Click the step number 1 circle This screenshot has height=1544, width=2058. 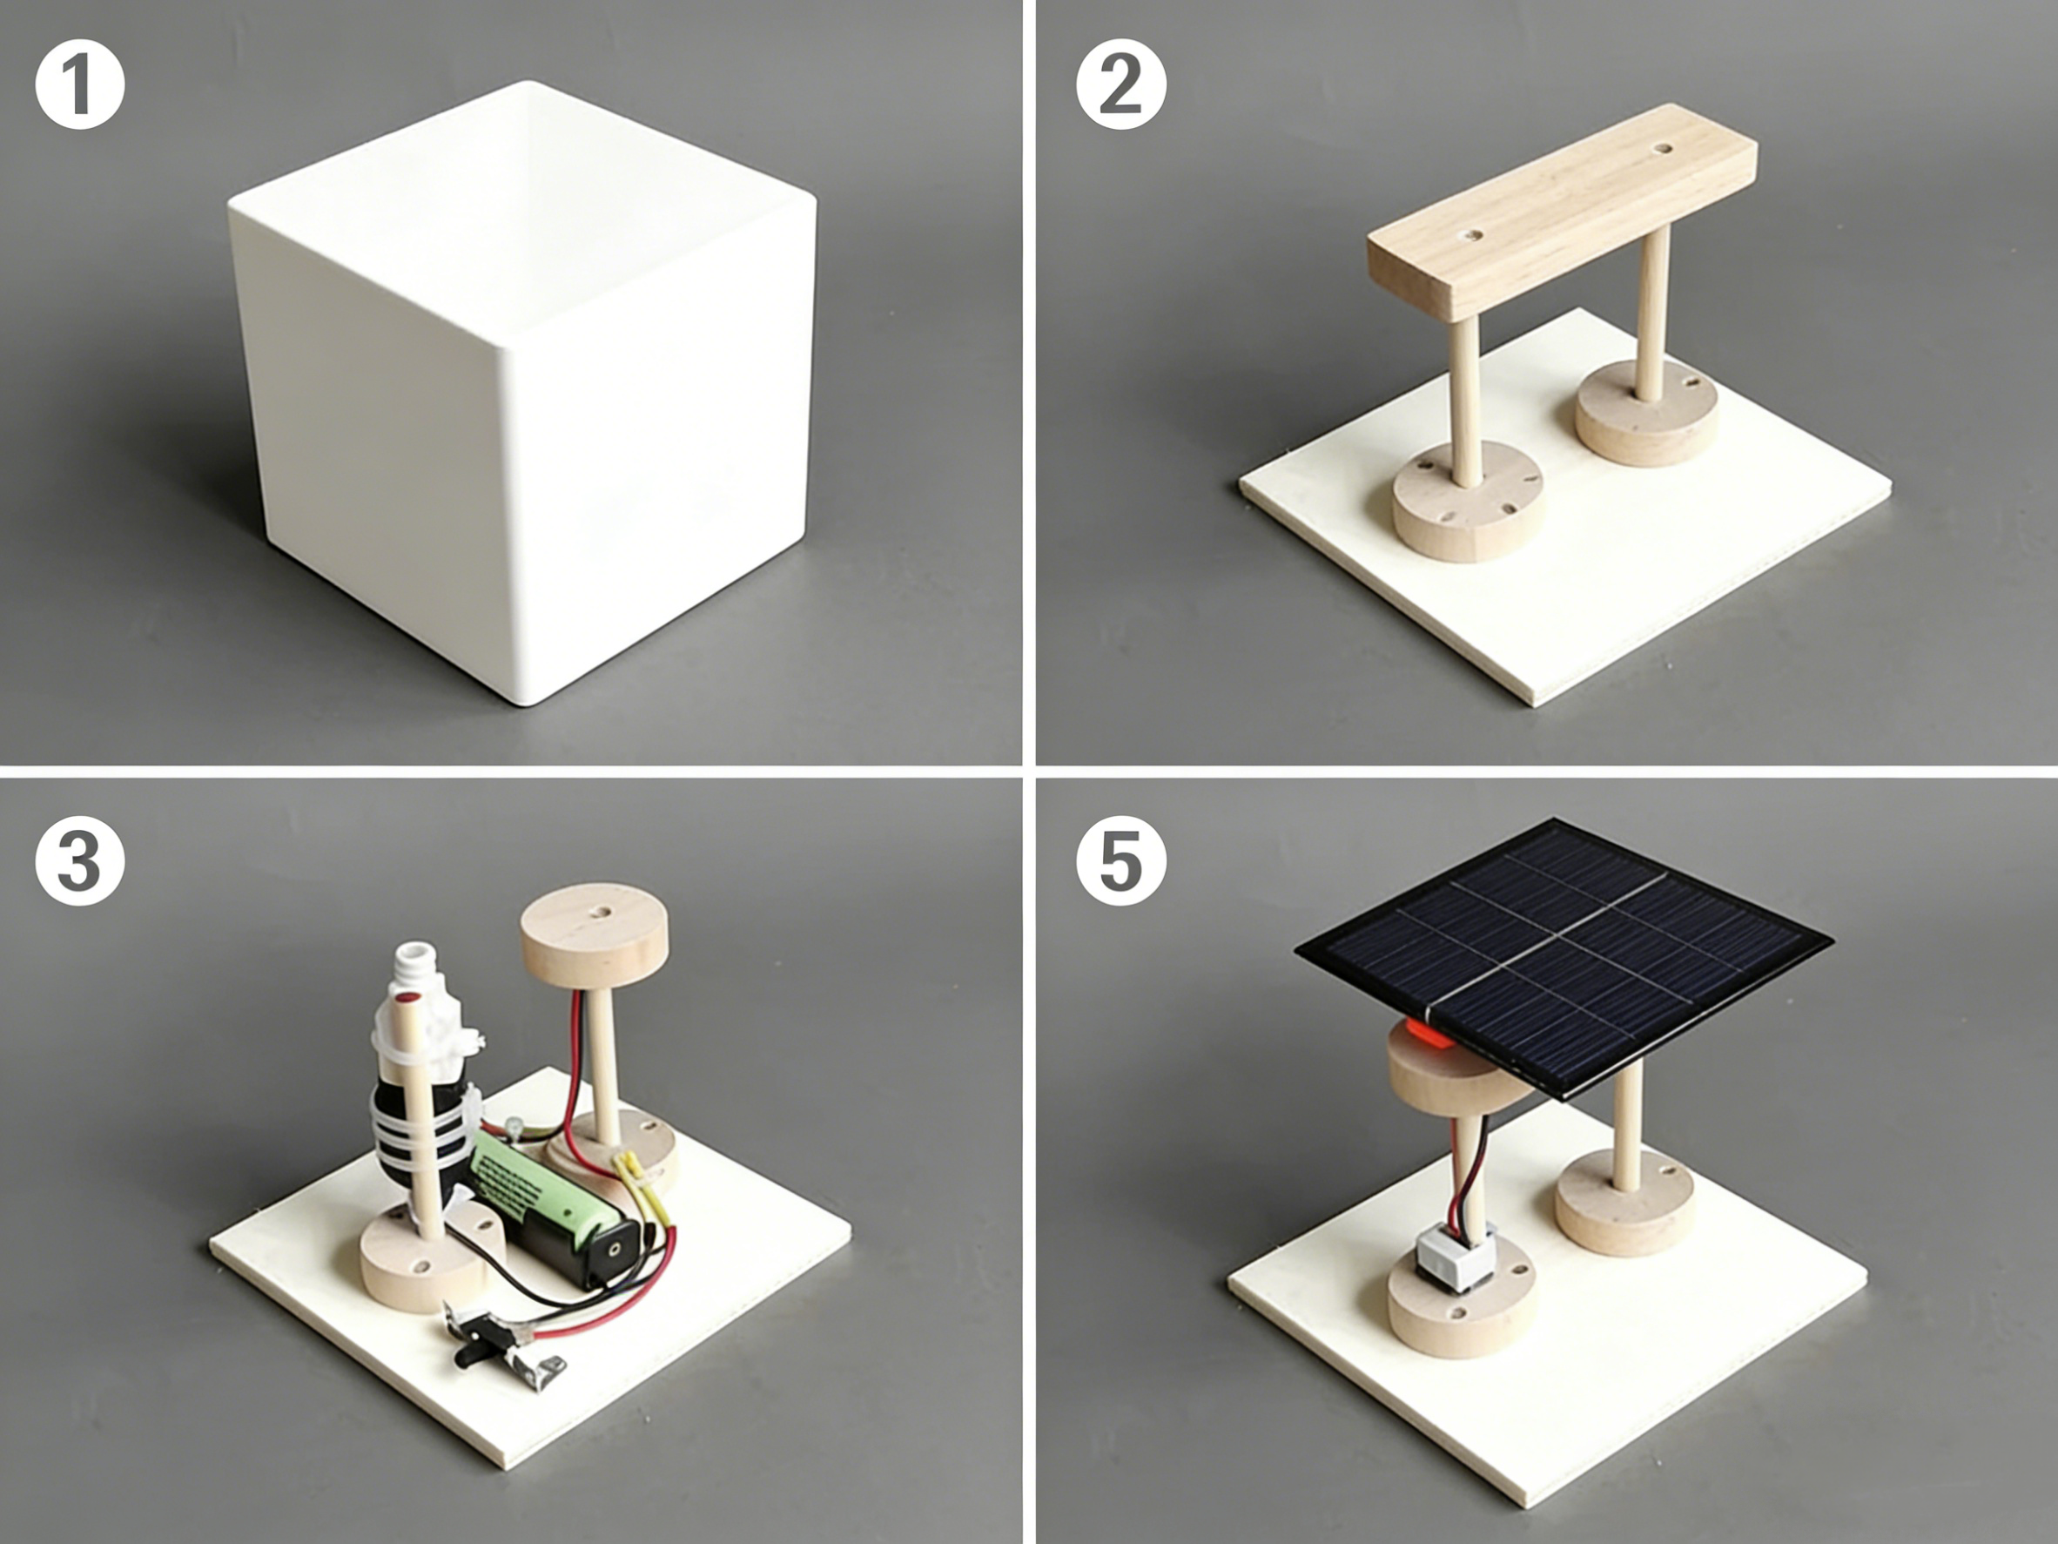click(x=80, y=84)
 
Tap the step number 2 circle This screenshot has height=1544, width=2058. click(x=1121, y=84)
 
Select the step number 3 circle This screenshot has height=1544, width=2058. click(x=80, y=861)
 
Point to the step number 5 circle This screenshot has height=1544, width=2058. click(x=1121, y=861)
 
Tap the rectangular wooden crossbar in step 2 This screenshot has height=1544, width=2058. click(x=1563, y=212)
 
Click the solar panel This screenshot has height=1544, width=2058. click(x=1563, y=959)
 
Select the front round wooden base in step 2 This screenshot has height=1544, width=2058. click(x=1468, y=502)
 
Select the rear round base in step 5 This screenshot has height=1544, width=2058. click(x=1624, y=1201)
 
